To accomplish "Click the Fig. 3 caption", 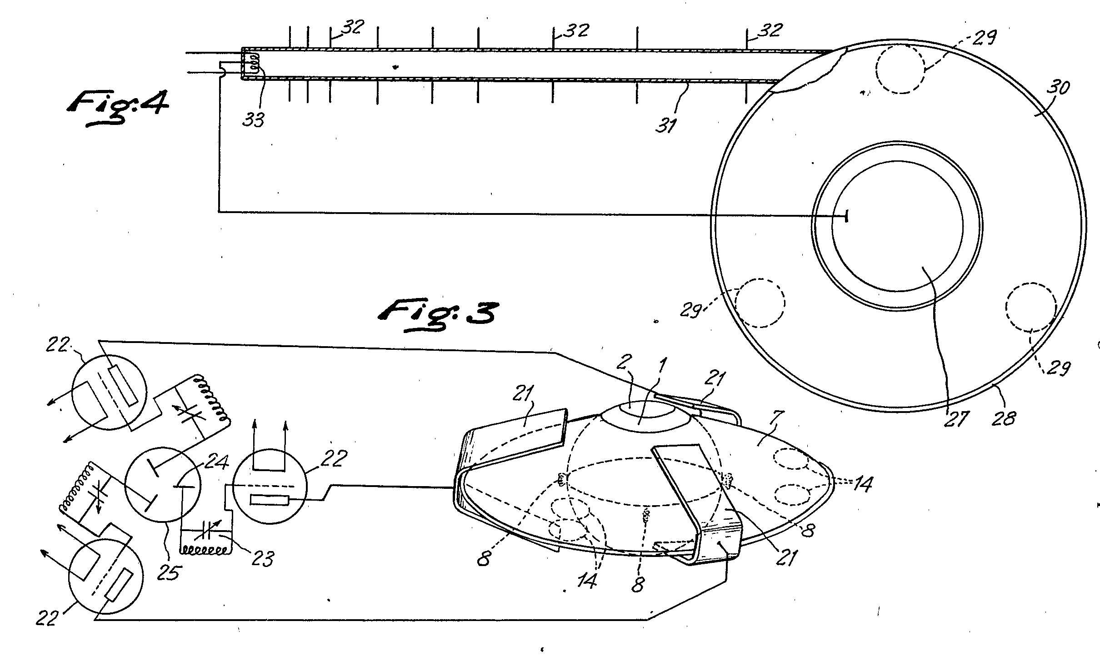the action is coord(437,313).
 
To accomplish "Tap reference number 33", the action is coord(254,120).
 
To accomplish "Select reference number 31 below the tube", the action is coord(667,124).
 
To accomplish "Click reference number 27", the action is coord(956,419).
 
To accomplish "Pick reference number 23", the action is coord(262,558).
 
